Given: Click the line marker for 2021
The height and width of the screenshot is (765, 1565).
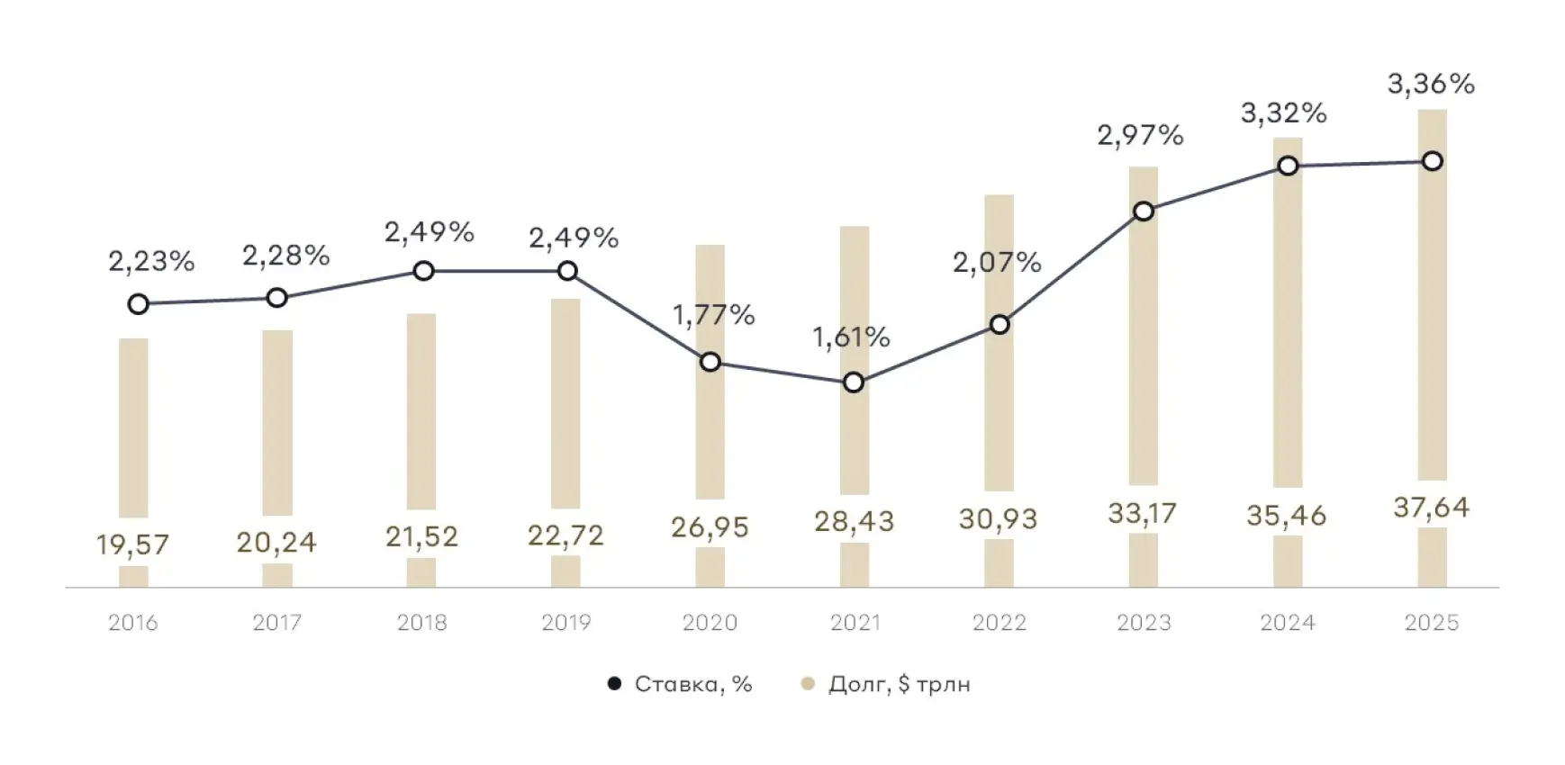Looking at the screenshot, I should point(854,382).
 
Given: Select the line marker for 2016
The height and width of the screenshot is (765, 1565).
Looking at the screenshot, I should point(138,304).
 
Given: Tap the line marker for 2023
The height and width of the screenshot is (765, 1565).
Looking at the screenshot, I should point(1144,211).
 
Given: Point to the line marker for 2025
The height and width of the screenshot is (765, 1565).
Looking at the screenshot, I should point(1432,161).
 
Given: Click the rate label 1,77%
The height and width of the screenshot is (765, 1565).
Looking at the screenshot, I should point(714,314).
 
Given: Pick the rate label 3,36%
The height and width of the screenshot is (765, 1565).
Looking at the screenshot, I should point(1431,85).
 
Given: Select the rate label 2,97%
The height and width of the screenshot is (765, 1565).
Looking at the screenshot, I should point(1140,136).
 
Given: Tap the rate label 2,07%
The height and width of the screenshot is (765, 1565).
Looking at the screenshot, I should point(997,263).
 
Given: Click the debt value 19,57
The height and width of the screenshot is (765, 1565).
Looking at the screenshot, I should point(132,544).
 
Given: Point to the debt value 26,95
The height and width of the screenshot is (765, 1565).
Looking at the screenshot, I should point(710,526).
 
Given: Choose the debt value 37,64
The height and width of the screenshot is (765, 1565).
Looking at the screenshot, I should point(1431,508).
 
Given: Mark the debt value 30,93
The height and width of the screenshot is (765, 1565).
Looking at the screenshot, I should point(998,519).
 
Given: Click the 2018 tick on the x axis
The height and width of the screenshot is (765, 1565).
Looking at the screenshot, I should point(421,622).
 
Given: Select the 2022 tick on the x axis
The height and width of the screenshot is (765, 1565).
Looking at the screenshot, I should point(999,622).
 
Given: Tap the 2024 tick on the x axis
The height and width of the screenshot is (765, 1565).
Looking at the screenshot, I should point(1288,622).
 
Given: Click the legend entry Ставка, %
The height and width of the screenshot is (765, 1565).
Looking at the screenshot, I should point(692,684).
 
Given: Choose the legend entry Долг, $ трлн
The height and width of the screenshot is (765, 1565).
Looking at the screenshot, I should point(899,684).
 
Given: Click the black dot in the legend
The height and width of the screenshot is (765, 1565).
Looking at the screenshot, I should point(615,684).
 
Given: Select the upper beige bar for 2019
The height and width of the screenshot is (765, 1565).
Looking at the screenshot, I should point(565,403).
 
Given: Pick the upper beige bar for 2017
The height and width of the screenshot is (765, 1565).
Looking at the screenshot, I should point(277,422).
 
